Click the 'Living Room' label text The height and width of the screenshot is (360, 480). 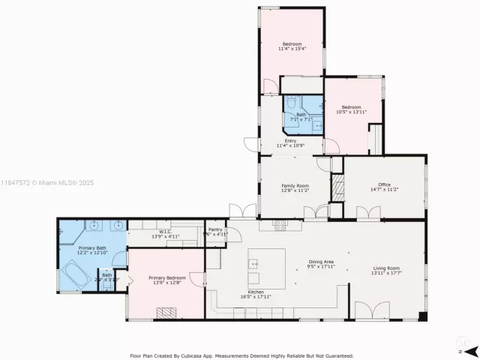pyautogui.click(x=385, y=268)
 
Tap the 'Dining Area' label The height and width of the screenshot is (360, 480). pyautogui.click(x=320, y=262)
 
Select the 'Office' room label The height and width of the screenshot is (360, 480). pyautogui.click(x=384, y=184)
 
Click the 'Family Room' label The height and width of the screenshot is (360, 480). pyautogui.click(x=295, y=185)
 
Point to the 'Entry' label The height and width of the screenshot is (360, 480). pyautogui.click(x=290, y=140)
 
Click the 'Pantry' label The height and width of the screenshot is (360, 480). pyautogui.click(x=216, y=229)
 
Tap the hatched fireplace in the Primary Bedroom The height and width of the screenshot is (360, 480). pyautogui.click(x=165, y=313)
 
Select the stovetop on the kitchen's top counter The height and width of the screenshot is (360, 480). pyautogui.click(x=279, y=223)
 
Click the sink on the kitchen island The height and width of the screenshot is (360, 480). pyautogui.click(x=253, y=264)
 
